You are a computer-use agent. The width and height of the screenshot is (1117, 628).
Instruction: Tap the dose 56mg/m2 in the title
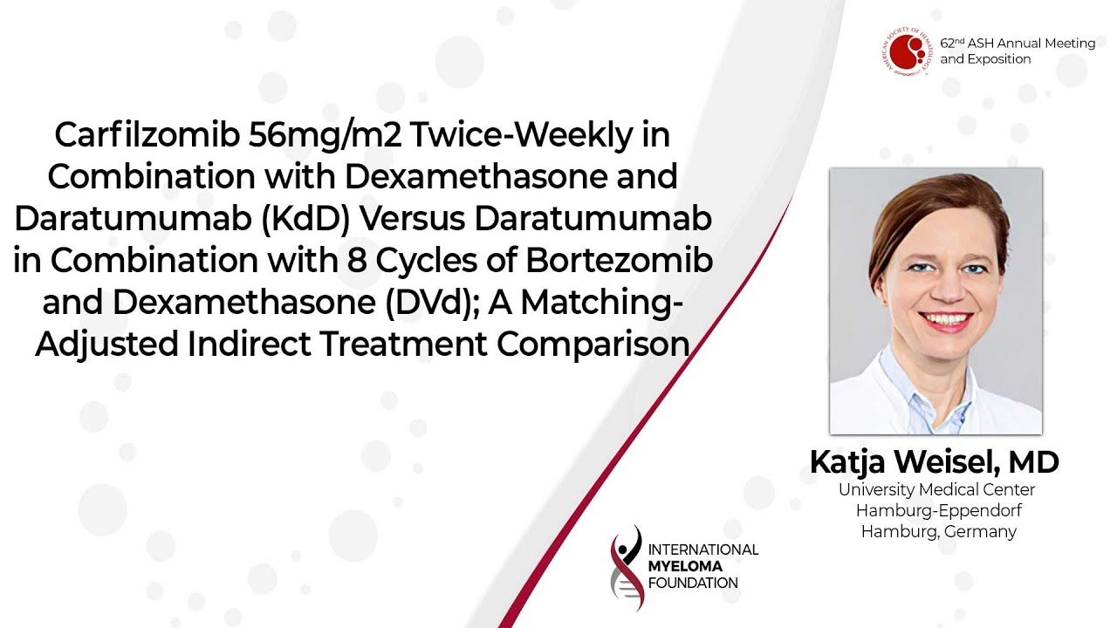click(325, 136)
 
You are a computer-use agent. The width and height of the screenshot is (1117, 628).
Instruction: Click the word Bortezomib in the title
click(619, 260)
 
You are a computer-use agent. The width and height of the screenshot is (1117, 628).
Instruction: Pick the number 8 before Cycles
click(357, 261)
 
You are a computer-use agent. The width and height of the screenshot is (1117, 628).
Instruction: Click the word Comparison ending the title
click(593, 345)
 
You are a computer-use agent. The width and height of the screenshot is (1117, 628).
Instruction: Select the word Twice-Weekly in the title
click(521, 136)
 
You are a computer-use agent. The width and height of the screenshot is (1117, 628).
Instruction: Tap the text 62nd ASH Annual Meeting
click(1018, 44)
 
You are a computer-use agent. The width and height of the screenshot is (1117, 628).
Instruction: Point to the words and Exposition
click(985, 59)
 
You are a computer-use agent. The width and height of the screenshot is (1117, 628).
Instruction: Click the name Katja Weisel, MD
click(934, 461)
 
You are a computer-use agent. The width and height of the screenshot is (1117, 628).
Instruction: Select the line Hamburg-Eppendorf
click(938, 511)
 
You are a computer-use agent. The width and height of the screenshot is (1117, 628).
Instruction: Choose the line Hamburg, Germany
click(938, 532)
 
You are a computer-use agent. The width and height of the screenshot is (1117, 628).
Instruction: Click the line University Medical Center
click(936, 489)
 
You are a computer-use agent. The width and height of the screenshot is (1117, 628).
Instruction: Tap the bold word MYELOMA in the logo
click(685, 566)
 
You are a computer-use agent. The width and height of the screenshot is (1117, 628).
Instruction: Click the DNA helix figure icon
click(627, 567)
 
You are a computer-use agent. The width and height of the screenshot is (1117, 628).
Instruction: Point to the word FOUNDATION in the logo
click(693, 584)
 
